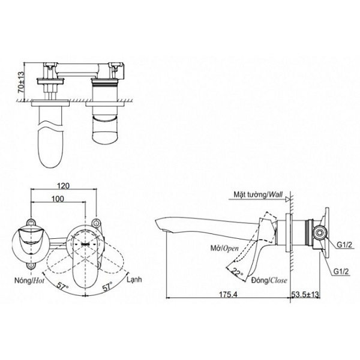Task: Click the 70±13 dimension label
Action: pos(21,82)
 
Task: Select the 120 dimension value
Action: pos(64,185)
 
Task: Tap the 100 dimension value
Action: pos(58,199)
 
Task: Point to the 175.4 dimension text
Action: pos(228,295)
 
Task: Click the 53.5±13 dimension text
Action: pos(305,295)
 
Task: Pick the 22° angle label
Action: pos(237,273)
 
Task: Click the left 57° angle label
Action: pos(62,286)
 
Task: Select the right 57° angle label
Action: pos(107,286)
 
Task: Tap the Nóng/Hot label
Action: pos(29,280)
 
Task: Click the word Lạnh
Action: pos(134,280)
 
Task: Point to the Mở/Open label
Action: pos(224,248)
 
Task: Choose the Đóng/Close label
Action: pos(269,280)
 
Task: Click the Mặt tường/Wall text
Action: pos(258,194)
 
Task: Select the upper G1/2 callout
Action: pos(344,245)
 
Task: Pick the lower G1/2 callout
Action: pos(341,272)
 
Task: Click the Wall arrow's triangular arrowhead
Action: pos(287,200)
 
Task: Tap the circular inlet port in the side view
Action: pos(319,233)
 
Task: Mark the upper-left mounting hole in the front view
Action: pos(31,223)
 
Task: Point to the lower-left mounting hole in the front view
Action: pos(31,265)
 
